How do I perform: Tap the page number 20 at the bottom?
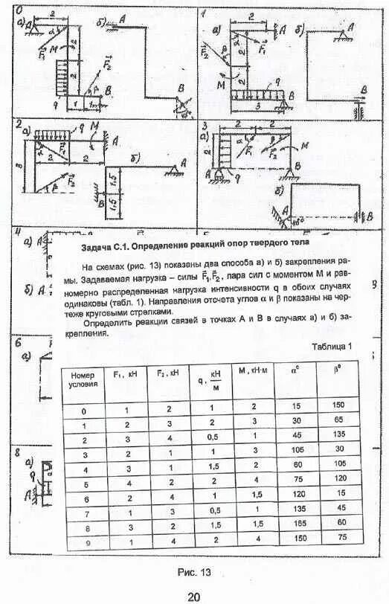click(193, 596)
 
